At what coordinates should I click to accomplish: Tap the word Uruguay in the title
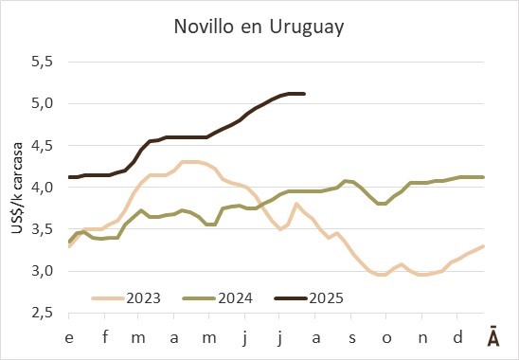307,27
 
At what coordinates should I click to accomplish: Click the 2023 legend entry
126,298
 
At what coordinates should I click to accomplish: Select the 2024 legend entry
218,298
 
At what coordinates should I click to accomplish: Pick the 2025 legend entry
309,298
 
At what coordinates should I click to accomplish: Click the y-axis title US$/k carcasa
17,189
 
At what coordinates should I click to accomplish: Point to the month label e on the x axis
69,338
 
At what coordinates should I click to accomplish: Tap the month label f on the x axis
105,337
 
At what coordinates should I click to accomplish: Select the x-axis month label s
352,338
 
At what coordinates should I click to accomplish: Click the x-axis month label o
386,338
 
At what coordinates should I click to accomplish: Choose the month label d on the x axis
457,337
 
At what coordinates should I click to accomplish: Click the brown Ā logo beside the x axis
493,337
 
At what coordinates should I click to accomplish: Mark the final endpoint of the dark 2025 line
304,94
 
